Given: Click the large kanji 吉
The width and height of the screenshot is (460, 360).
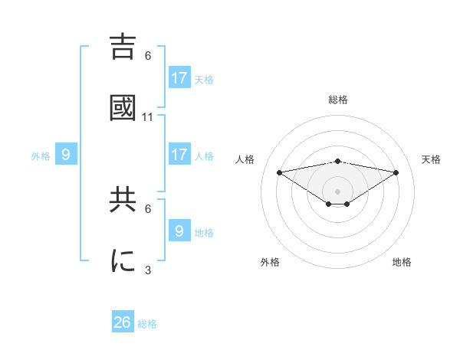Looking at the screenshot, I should [x=123, y=46].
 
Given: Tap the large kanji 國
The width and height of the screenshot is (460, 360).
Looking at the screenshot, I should [x=123, y=108].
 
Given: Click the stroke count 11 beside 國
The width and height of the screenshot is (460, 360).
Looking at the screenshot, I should [x=148, y=117].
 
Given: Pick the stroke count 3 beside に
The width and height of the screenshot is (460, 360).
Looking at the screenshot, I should [x=148, y=270].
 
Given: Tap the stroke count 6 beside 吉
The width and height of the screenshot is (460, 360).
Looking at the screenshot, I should [x=148, y=55].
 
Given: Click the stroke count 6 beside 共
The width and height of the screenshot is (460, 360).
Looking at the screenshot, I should [x=148, y=208].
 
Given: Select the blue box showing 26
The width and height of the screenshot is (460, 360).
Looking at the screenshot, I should [x=123, y=322].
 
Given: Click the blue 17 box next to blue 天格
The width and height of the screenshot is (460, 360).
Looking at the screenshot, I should [x=179, y=78].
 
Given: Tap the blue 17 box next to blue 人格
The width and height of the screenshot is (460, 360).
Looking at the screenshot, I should [x=179, y=155].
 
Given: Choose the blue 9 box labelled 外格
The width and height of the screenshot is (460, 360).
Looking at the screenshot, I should [x=66, y=155].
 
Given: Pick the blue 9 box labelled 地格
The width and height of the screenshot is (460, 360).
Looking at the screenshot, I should [x=179, y=231].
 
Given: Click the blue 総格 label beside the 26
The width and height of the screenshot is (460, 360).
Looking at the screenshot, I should [x=147, y=324].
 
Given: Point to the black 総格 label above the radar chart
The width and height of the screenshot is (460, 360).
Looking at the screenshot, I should [x=337, y=100].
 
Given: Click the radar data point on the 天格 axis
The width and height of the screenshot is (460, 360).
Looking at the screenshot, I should [x=396, y=172].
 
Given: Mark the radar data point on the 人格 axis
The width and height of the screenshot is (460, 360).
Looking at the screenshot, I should [x=279, y=172].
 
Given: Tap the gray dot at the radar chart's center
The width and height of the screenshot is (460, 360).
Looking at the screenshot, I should [x=337, y=191].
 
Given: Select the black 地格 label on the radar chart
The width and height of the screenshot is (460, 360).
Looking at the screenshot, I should [x=402, y=263].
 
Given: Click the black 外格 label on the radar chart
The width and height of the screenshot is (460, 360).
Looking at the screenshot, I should [x=270, y=263].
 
